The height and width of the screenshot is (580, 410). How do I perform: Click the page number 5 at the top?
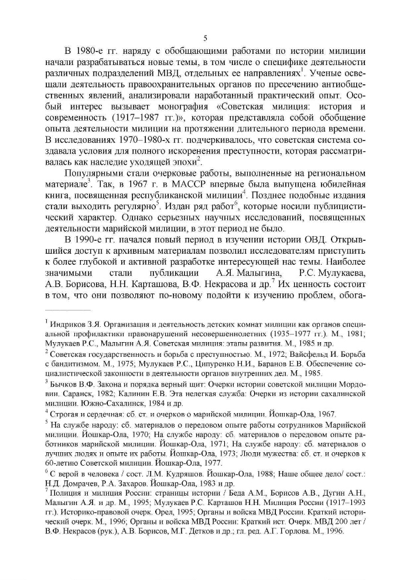click(x=205, y=39)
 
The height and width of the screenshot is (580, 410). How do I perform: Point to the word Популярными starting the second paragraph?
click(x=93, y=173)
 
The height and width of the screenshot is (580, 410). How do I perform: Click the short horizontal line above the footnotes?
click(x=68, y=309)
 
